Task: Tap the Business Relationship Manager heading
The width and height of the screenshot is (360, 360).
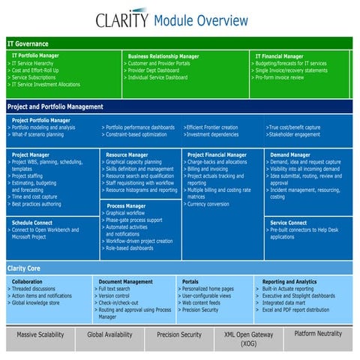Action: [x=163, y=56]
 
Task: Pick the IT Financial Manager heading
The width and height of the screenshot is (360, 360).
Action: [x=279, y=55]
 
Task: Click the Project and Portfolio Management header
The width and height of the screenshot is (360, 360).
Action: [x=55, y=106]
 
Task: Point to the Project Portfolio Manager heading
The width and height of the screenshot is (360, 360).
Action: [x=41, y=120]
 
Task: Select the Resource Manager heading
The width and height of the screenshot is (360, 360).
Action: [x=127, y=154]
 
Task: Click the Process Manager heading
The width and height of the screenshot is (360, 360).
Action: [x=126, y=205]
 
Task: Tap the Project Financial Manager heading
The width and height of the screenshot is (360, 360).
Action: [x=217, y=154]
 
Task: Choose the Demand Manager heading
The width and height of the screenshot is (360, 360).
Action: [x=290, y=154]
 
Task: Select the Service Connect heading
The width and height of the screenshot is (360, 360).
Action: [x=289, y=222]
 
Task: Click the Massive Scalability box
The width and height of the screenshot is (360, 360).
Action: [x=42, y=334]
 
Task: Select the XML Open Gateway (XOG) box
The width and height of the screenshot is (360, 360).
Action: [x=248, y=339]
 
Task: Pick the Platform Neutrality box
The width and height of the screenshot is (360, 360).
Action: [x=319, y=334]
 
